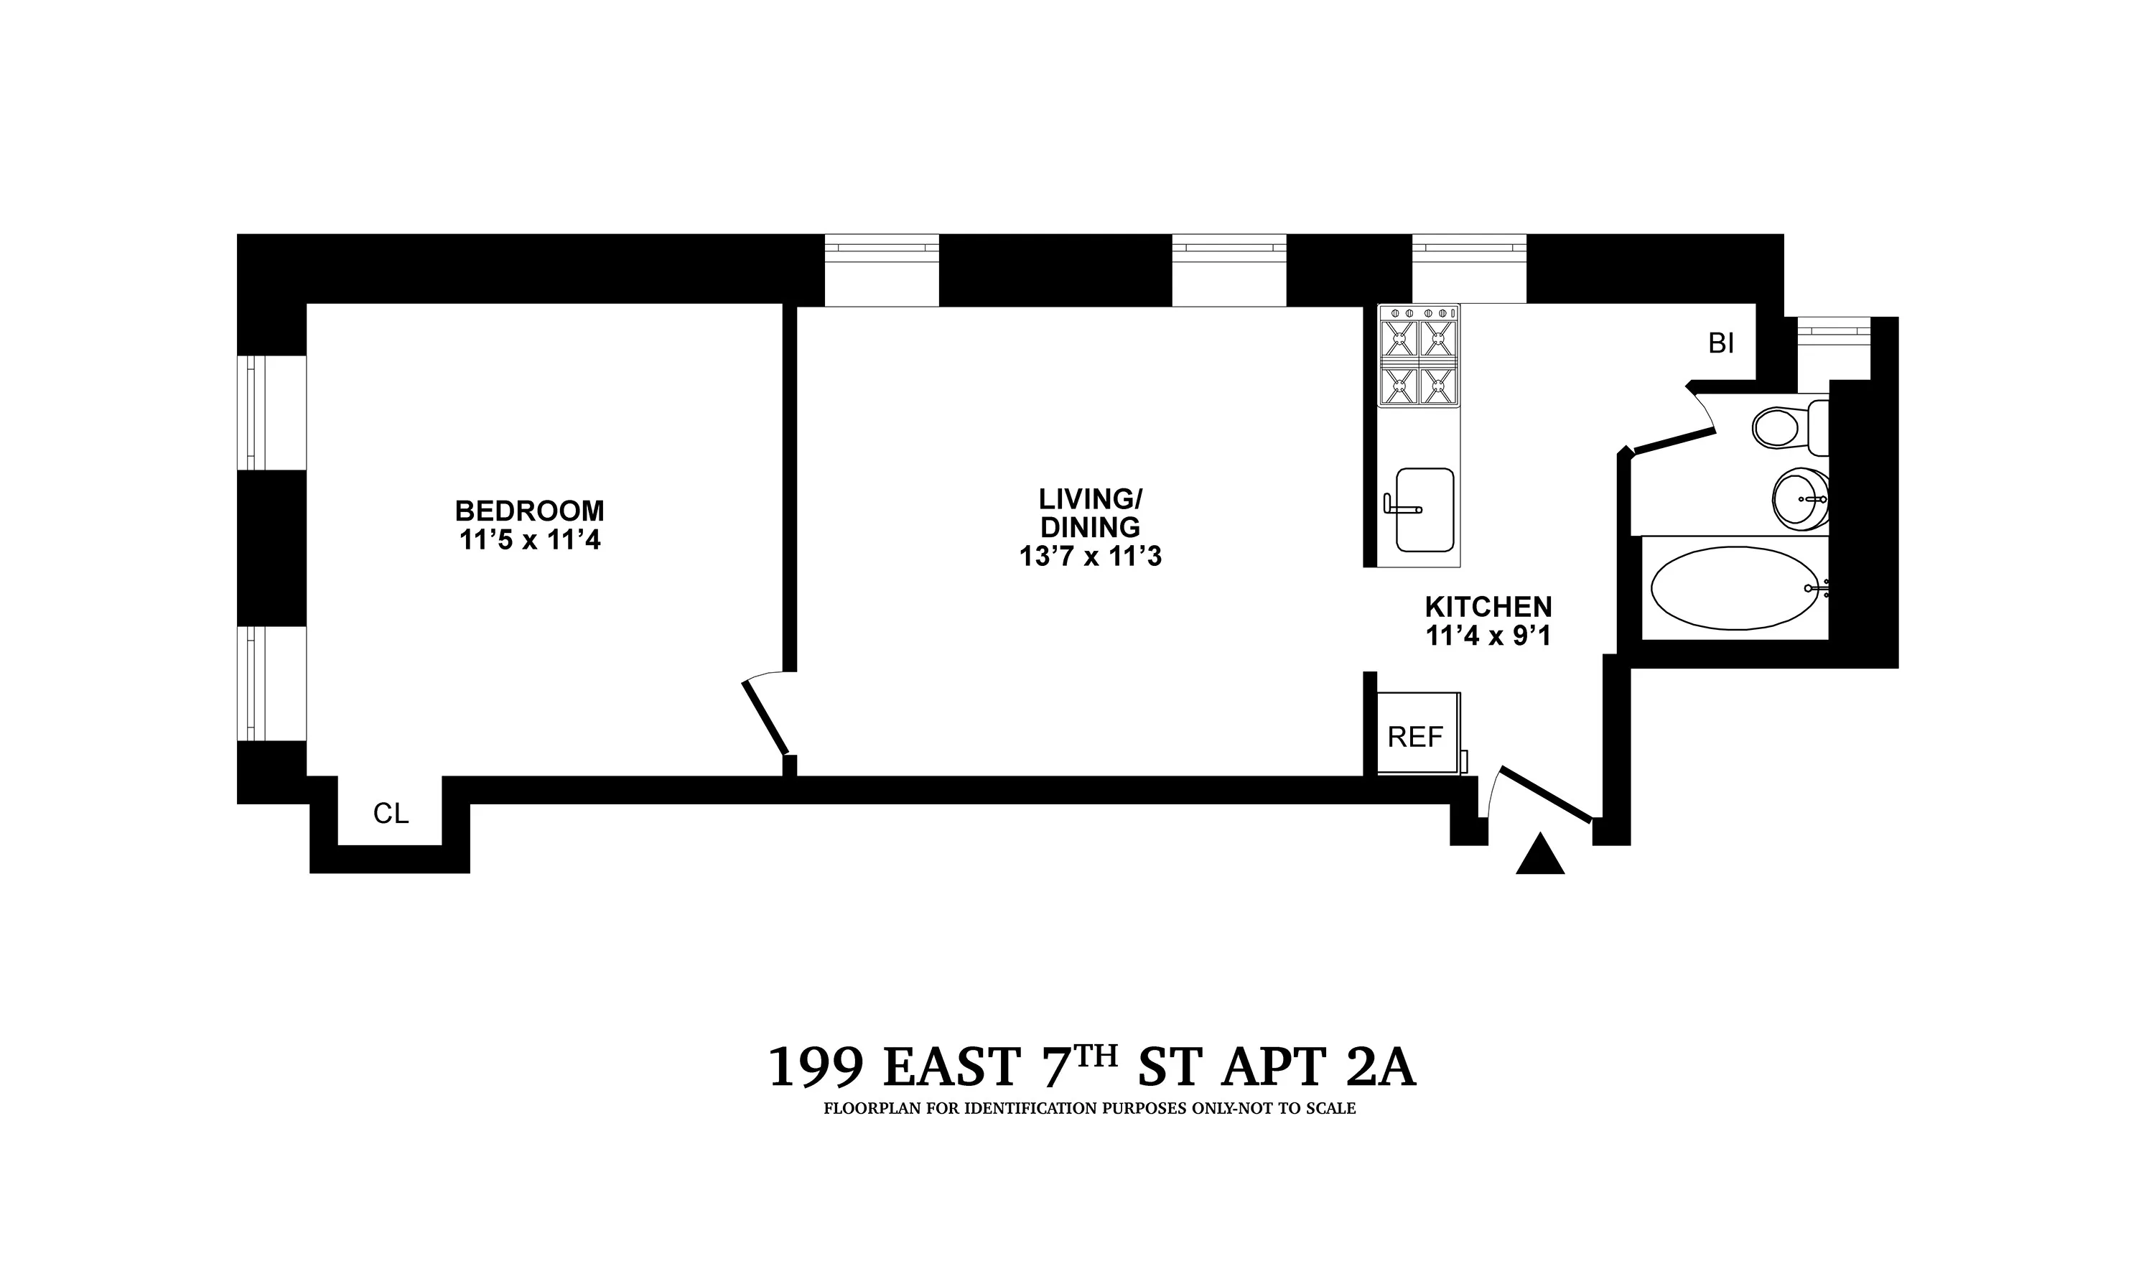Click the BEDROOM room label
point(529,511)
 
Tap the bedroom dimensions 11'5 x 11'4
point(529,541)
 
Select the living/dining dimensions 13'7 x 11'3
point(1090,557)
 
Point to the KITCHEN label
point(1488,607)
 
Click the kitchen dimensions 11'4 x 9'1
point(1488,636)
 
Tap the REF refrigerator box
point(1416,735)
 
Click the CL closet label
point(391,813)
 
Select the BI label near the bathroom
point(1720,343)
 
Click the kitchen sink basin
point(1425,510)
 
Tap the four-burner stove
point(1419,356)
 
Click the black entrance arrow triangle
point(1540,856)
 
